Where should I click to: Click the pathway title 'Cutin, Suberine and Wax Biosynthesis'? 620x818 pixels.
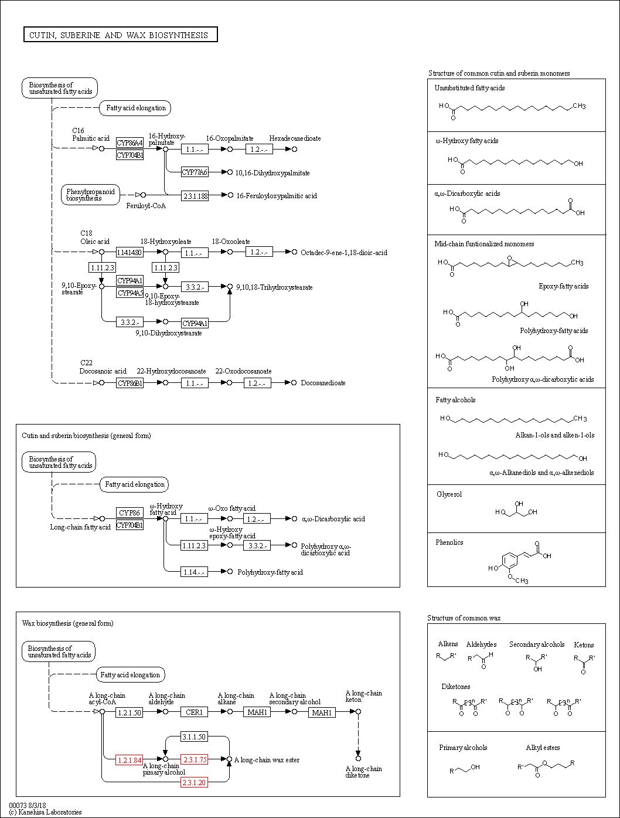pyautogui.click(x=120, y=35)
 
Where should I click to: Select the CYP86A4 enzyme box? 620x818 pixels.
pyautogui.click(x=130, y=143)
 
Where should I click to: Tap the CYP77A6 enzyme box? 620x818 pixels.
pyautogui.click(x=195, y=172)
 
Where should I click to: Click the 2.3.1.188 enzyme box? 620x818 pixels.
pyautogui.click(x=195, y=196)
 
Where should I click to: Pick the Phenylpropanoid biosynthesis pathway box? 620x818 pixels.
pyautogui.click(x=90, y=195)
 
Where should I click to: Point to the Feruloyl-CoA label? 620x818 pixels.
pyautogui.click(x=146, y=206)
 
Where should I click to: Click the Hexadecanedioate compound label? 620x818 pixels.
pyautogui.click(x=295, y=138)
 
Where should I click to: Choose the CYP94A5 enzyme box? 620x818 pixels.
pyautogui.click(x=130, y=293)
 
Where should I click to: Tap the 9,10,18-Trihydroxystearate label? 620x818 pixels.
pyautogui.click(x=274, y=287)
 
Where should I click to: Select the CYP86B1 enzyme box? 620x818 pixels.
pyautogui.click(x=130, y=383)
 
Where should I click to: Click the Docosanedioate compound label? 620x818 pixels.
pyautogui.click(x=323, y=383)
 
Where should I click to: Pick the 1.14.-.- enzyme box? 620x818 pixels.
pyautogui.click(x=194, y=572)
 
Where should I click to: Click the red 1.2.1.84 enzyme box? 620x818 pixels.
pyautogui.click(x=129, y=760)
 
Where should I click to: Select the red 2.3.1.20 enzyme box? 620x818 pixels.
pyautogui.click(x=194, y=783)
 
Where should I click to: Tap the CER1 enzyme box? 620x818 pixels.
pyautogui.click(x=194, y=712)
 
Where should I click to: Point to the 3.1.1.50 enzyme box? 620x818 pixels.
pyautogui.click(x=194, y=736)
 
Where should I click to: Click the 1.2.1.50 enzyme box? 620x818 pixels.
pyautogui.click(x=130, y=712)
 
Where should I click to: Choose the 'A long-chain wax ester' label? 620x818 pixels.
pyautogui.click(x=267, y=760)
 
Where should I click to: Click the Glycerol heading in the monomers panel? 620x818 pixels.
pyautogui.click(x=449, y=494)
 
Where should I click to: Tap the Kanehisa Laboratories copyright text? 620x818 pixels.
pyautogui.click(x=46, y=812)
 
